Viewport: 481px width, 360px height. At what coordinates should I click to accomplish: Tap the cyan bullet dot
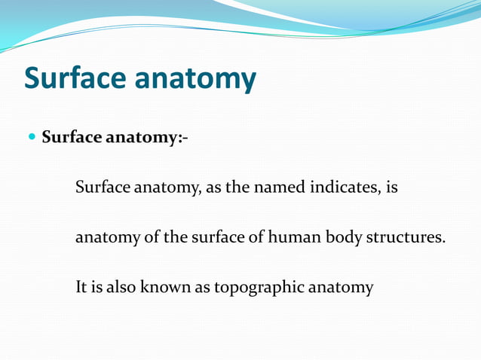click(31, 138)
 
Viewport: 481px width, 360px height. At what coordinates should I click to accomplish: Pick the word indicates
click(344, 188)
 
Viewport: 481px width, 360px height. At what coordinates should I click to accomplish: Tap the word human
click(296, 238)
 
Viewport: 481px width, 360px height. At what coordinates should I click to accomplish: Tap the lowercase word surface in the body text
click(202, 238)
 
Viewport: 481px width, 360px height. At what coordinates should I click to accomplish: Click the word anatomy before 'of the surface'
click(106, 238)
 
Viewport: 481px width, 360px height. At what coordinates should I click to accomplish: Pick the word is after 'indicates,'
click(391, 188)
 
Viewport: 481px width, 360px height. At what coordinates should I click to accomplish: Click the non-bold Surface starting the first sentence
click(103, 188)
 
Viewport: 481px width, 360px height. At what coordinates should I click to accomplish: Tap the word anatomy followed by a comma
click(167, 188)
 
